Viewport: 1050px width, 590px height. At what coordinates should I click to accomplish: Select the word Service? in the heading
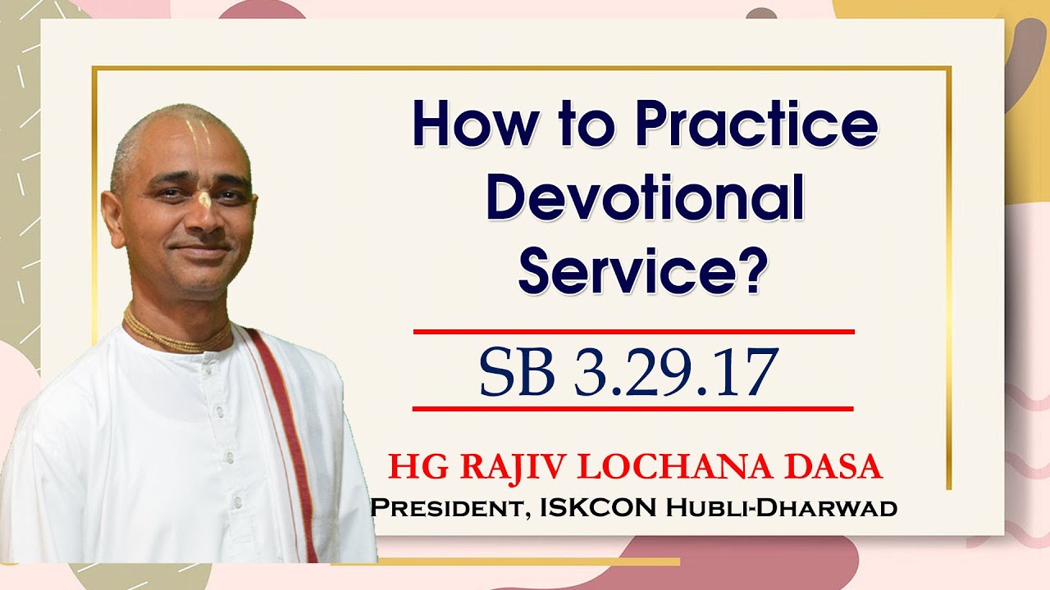click(x=646, y=271)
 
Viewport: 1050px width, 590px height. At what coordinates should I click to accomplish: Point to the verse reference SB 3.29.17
click(x=628, y=372)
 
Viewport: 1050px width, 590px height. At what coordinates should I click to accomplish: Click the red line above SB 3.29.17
click(x=633, y=332)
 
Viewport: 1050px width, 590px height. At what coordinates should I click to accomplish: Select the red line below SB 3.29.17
click(x=633, y=407)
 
